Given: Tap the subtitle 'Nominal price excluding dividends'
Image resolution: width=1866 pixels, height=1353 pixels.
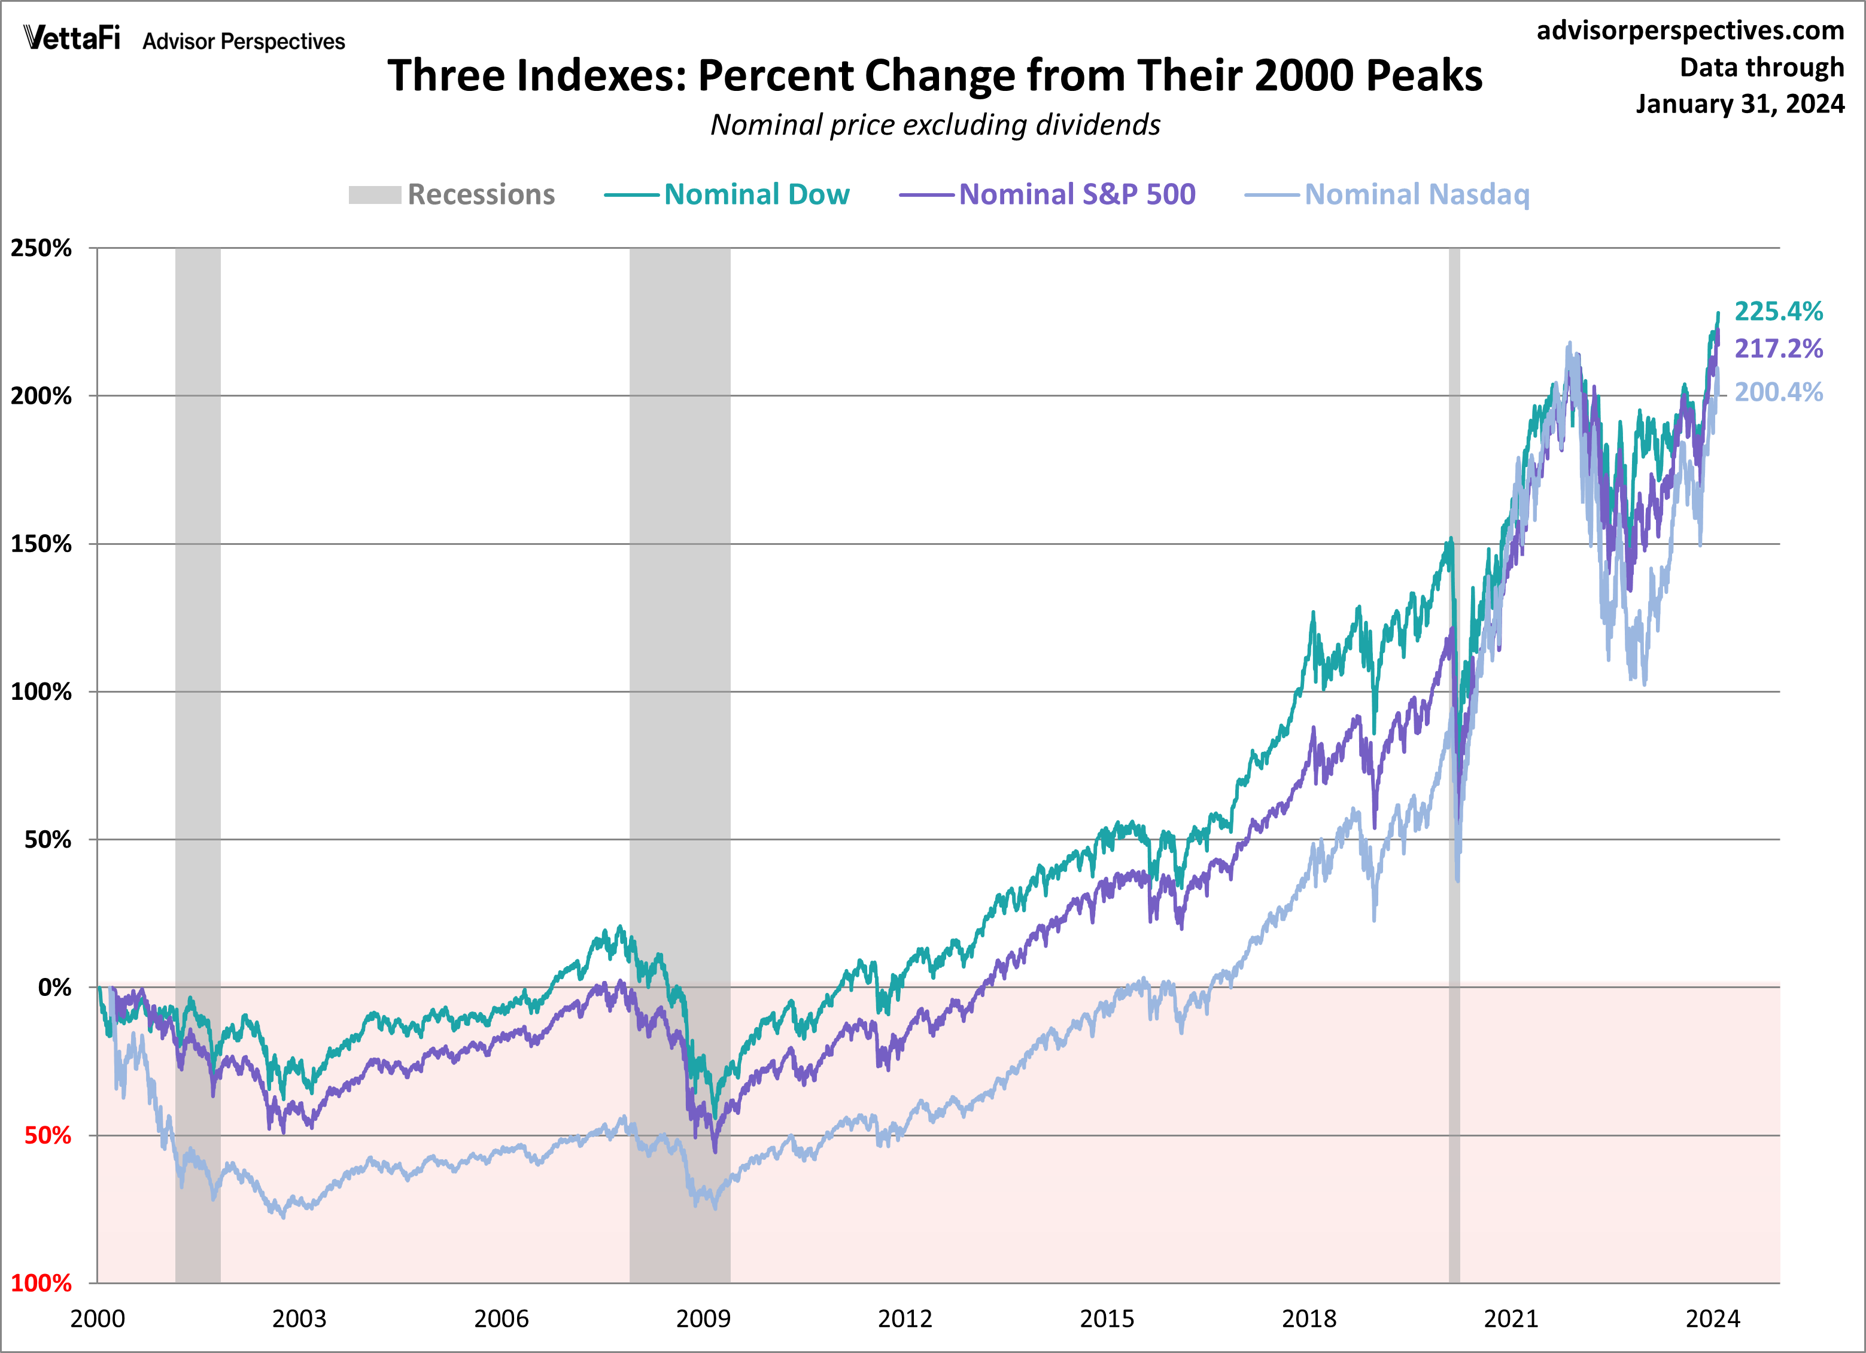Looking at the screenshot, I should coord(935,125).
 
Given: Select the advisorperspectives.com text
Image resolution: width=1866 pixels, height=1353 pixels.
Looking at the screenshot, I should coord(1690,31).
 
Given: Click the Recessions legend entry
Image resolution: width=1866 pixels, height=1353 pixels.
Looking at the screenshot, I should coord(452,195).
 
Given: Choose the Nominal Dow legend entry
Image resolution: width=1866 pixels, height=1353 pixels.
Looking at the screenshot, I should coord(727,195).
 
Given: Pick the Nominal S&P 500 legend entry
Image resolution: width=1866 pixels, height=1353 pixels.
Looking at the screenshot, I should coord(1047,195).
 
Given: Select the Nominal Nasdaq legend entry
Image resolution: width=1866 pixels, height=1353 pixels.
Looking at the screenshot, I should coord(1387,195).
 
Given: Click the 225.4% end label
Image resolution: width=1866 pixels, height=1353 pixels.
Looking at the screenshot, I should coord(1778,312).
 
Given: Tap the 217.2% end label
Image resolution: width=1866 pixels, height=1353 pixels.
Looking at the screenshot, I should coord(1778,349).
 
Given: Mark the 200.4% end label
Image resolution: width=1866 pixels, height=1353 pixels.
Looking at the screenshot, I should coord(1778,392).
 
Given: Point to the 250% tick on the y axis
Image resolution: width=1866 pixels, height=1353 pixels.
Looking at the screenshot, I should coord(41,248).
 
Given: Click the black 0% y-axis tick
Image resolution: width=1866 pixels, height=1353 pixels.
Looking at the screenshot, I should coord(54,988).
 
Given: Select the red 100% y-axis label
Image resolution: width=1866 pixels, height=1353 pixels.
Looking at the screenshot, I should coord(41,1283).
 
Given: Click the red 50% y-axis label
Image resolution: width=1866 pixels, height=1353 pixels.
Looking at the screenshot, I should coord(48,1136).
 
